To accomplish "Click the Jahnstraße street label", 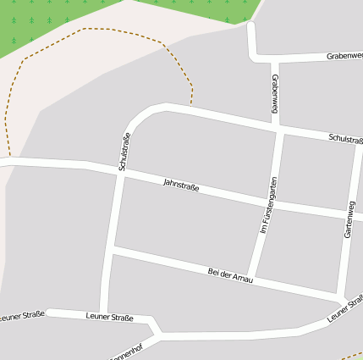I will click(x=181, y=184).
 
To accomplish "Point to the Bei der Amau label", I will click(x=230, y=275).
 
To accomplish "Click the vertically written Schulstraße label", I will click(x=124, y=152).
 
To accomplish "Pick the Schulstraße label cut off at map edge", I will click(x=345, y=139).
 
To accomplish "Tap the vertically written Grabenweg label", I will click(x=275, y=93).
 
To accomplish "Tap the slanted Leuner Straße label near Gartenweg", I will click(x=345, y=308).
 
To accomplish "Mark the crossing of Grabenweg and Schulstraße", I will click(x=279, y=129).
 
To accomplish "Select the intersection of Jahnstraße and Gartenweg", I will click(x=350, y=215).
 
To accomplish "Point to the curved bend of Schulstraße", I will click(x=140, y=117).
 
